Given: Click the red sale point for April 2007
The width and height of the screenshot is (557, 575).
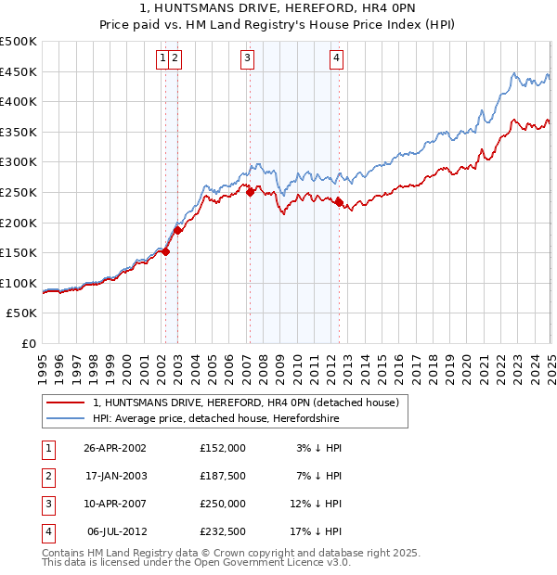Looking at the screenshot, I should pos(250,192).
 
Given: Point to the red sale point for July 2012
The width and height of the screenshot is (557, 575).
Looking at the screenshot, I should pos(339,202).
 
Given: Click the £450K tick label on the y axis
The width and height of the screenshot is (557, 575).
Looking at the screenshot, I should pos(19,72).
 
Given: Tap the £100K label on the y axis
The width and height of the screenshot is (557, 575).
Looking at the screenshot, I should pos(19,283).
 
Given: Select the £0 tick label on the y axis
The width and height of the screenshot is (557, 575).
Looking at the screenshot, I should pos(29,343).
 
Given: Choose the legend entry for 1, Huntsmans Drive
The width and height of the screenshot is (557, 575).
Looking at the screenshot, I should pos(245,402).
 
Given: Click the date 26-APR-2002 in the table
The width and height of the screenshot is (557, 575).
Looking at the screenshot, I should pos(115,448).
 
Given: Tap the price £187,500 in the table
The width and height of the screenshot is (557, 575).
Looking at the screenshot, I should pos(223,476).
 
